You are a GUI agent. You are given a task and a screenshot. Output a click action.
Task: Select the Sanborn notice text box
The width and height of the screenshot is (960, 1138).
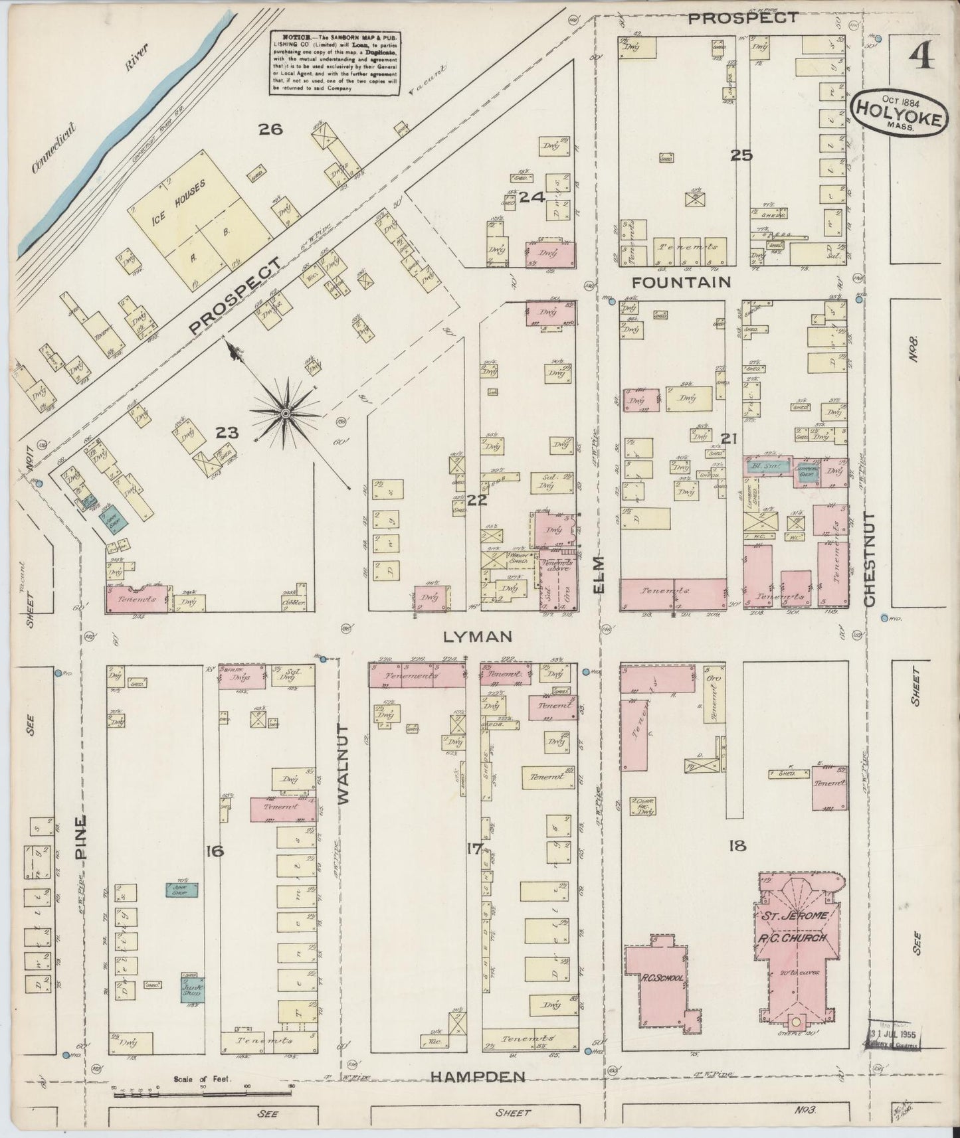[x=335, y=64]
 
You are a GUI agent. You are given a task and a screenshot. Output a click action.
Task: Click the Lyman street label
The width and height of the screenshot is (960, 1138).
[x=477, y=637]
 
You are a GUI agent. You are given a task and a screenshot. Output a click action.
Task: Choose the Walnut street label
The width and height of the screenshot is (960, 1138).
[x=343, y=764]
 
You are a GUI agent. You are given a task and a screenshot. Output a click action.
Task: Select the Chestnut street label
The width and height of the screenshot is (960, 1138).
[x=870, y=558]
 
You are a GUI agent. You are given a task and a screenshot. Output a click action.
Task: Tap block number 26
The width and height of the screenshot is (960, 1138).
[x=270, y=129]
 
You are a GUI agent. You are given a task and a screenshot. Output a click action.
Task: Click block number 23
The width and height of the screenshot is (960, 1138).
[x=227, y=433]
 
